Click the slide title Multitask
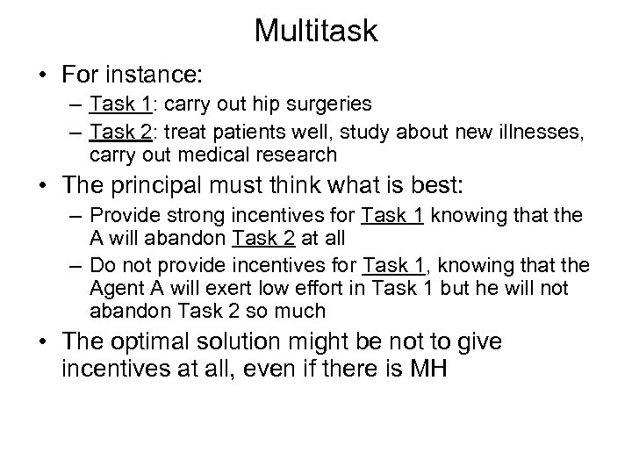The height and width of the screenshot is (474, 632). (x=316, y=32)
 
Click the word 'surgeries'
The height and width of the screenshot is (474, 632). (x=334, y=104)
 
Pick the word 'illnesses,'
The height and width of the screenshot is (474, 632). (x=535, y=133)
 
